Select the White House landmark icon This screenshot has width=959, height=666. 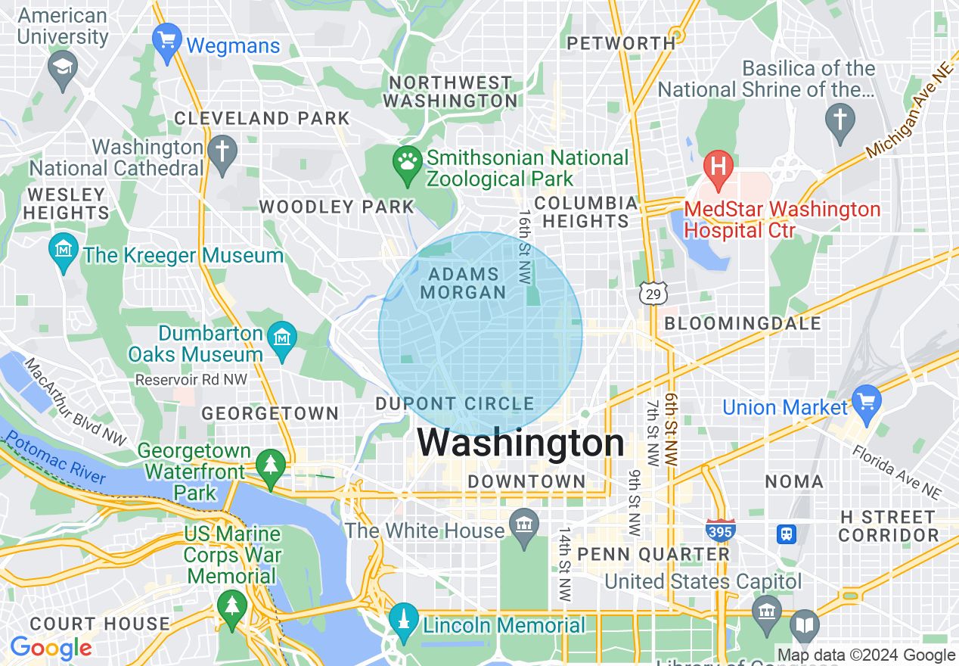click(523, 523)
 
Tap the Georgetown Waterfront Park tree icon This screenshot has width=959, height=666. click(271, 462)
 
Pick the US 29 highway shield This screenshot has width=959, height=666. click(650, 293)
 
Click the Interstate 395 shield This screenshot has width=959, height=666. click(720, 530)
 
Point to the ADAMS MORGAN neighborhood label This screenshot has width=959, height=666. click(464, 283)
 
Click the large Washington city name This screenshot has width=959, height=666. click(520, 443)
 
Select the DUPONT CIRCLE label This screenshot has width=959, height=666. click(455, 404)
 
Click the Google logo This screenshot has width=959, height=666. click(51, 648)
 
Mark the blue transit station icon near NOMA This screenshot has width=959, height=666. click(787, 534)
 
